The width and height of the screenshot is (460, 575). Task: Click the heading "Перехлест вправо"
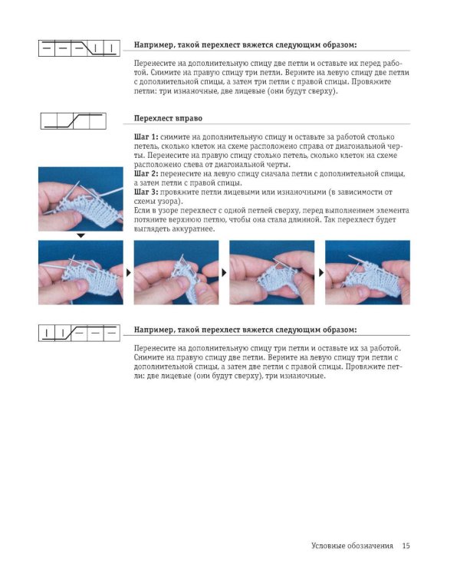[168, 118]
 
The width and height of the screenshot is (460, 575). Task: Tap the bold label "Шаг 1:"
[146, 136]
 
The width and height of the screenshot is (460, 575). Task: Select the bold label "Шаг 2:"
[146, 173]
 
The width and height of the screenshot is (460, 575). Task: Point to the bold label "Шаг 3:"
[146, 192]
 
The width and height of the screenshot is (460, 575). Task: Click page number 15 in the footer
[406, 546]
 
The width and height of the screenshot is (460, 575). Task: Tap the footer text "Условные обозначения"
[352, 546]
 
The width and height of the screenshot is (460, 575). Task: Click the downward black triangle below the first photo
[80, 236]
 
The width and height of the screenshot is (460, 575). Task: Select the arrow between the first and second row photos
[128, 272]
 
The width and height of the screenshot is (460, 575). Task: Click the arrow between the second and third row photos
[224, 272]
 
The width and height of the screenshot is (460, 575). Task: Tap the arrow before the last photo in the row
[321, 272]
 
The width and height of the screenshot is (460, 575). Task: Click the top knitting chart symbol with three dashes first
[79, 48]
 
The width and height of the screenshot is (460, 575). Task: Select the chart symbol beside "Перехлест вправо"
[74, 121]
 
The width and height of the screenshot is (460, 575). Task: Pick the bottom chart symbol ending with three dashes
[79, 333]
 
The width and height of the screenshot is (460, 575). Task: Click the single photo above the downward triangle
[80, 199]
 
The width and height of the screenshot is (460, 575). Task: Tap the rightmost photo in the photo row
[367, 272]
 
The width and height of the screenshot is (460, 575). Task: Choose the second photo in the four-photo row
[176, 272]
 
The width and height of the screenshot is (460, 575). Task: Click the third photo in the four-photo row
[272, 272]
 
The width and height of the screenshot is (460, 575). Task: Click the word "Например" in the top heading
[153, 45]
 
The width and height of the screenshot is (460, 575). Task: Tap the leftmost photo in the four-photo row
[80, 272]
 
